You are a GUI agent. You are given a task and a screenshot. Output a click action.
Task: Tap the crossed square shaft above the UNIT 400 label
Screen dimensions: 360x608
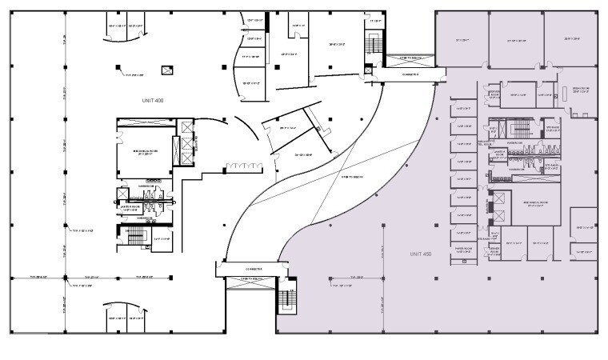[166, 71]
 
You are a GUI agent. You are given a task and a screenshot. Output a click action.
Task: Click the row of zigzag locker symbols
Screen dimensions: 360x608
[243, 165]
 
